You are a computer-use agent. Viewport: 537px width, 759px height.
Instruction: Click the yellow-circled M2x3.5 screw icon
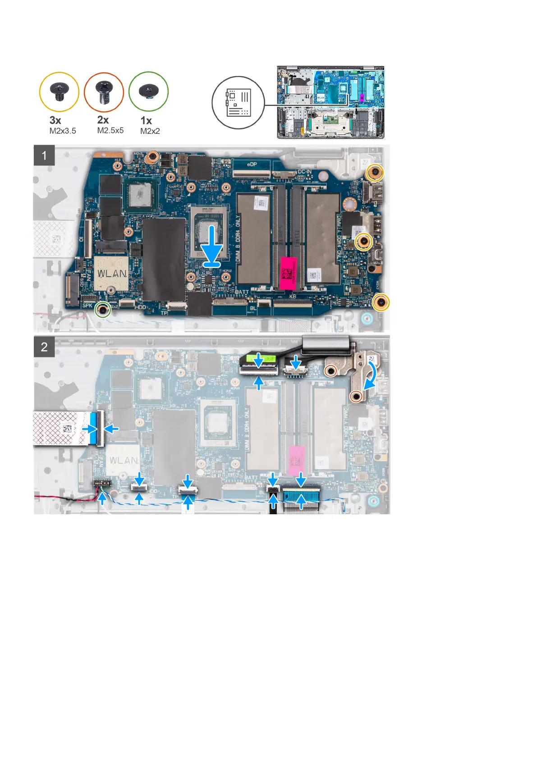[x=60, y=91]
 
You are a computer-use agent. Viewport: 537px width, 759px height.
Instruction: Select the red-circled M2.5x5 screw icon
[x=104, y=91]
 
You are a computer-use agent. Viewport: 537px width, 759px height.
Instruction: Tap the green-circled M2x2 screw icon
[x=148, y=91]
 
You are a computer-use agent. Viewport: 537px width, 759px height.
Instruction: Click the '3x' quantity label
[x=55, y=120]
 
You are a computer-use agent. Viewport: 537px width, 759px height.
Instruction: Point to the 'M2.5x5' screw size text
[x=110, y=131]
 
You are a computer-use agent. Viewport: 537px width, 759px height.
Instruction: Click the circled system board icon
[x=238, y=102]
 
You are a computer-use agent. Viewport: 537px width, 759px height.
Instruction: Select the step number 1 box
[x=44, y=155]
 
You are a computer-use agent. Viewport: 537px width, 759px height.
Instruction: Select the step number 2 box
[x=44, y=347]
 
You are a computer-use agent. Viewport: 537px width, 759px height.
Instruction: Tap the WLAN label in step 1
[x=112, y=274]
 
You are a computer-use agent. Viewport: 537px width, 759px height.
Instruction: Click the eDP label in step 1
[x=252, y=165]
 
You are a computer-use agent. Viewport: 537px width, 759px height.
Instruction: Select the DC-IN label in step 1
[x=305, y=172]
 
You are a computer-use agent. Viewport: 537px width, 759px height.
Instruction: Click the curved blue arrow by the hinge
[x=372, y=373]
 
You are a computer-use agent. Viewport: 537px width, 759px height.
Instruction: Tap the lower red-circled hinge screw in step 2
[x=356, y=396]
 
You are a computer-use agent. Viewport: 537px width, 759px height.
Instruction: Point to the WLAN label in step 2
[x=124, y=460]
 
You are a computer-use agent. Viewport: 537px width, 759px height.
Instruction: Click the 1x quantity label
[x=146, y=120]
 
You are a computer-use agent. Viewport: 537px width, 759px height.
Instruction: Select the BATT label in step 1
[x=242, y=292]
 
